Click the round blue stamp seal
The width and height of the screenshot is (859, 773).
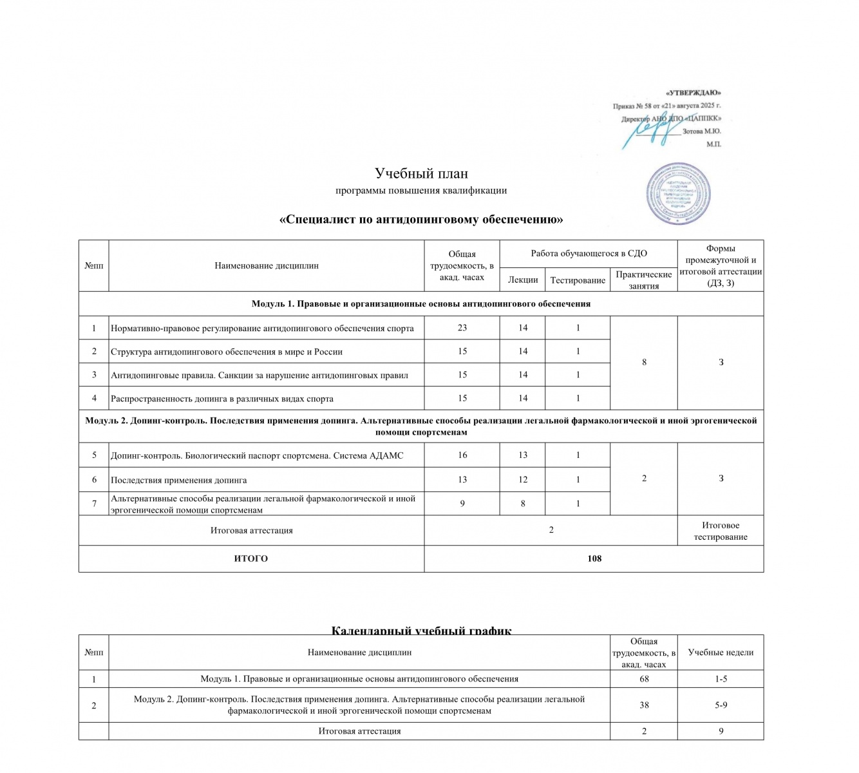pyautogui.click(x=679, y=194)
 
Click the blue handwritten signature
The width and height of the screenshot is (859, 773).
pyautogui.click(x=650, y=129)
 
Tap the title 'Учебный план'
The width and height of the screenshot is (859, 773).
pyautogui.click(x=421, y=173)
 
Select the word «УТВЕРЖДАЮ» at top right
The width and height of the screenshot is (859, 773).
pyautogui.click(x=693, y=93)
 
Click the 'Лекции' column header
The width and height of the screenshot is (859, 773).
pyautogui.click(x=522, y=280)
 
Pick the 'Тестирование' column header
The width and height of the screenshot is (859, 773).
pyautogui.click(x=578, y=280)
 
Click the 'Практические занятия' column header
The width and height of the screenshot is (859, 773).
pyautogui.click(x=643, y=280)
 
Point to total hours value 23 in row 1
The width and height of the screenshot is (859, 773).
pyautogui.click(x=462, y=328)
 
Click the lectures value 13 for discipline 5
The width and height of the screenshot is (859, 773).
pyautogui.click(x=522, y=455)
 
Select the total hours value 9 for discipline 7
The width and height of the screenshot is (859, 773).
pyautogui.click(x=462, y=504)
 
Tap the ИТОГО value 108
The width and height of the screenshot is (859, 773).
pyautogui.click(x=594, y=558)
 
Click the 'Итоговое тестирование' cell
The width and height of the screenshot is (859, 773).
pyautogui.click(x=720, y=531)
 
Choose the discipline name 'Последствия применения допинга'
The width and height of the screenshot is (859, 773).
pyautogui.click(x=178, y=480)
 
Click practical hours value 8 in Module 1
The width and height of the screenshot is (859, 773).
pyautogui.click(x=643, y=363)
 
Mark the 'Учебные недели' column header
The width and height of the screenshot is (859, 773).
pyautogui.click(x=720, y=652)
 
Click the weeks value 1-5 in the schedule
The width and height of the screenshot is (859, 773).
pyautogui.click(x=721, y=679)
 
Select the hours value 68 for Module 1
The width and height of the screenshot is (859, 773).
pyautogui.click(x=643, y=679)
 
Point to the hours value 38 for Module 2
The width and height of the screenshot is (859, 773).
pyautogui.click(x=643, y=705)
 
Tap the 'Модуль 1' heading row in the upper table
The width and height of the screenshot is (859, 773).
pyautogui.click(x=420, y=303)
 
